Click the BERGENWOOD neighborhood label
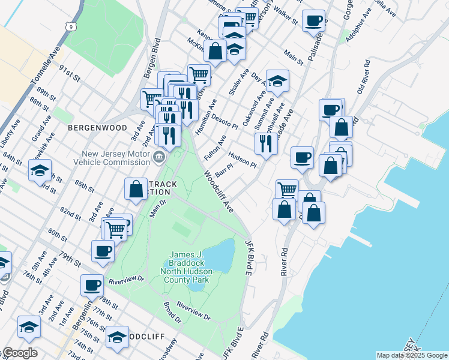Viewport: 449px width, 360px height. click(x=98, y=128)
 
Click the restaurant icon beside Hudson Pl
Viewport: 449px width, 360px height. click(x=265, y=143)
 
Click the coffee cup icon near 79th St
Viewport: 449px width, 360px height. click(x=103, y=250)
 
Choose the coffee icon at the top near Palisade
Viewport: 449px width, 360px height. click(x=313, y=20)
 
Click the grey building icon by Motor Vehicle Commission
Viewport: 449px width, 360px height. click(x=158, y=158)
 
